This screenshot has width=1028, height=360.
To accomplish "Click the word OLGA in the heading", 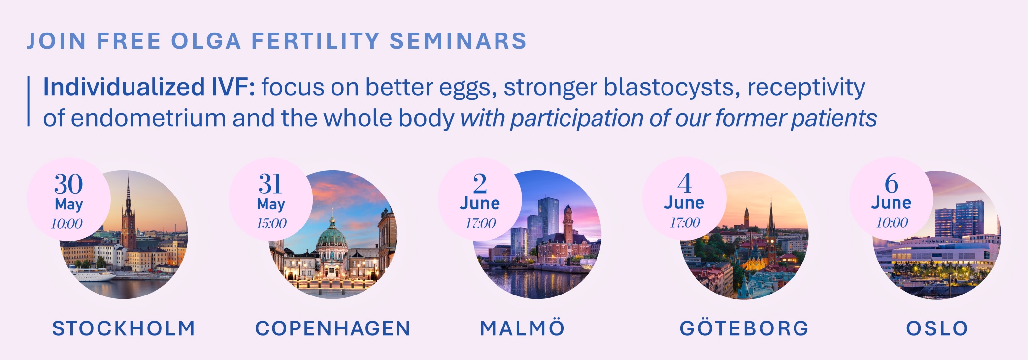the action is [206, 41].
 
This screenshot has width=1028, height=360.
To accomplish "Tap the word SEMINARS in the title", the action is [458, 41].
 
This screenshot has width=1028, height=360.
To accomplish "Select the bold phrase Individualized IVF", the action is [149, 87].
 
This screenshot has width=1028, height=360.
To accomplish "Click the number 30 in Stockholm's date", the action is [68, 184].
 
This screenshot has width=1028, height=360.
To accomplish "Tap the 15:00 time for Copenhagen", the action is [271, 223].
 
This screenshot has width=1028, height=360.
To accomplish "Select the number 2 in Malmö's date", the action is [480, 184].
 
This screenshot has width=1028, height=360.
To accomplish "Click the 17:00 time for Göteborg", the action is [685, 223].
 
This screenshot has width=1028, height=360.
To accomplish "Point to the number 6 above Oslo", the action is [891, 183].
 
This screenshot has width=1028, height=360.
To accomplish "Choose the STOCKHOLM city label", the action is [124, 328].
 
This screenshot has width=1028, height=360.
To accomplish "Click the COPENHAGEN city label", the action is [332, 328].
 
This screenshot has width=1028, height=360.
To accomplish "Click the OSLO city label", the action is [937, 328].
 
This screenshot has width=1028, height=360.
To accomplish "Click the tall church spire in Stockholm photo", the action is [128, 207].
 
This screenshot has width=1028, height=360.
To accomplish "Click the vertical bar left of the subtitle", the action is [29, 101].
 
